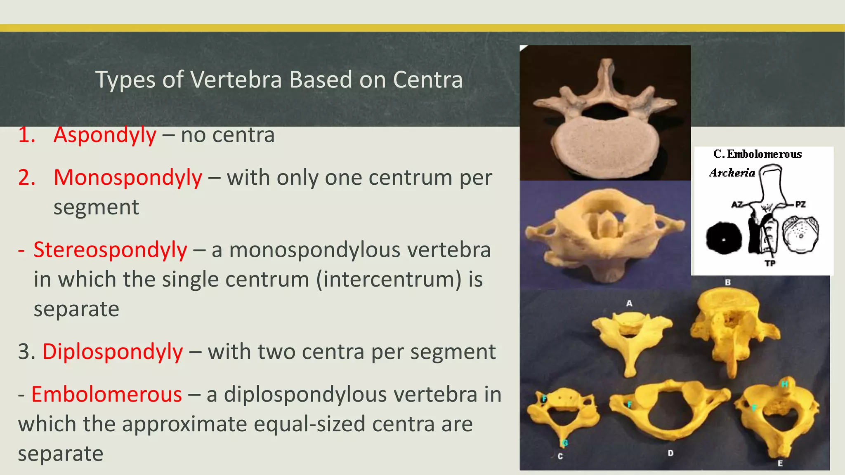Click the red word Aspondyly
[x=105, y=135]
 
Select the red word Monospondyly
[x=128, y=178]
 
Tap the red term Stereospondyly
[x=110, y=250]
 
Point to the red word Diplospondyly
[x=113, y=352]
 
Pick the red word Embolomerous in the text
[x=106, y=394]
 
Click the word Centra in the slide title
[x=427, y=80]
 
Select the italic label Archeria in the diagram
[x=732, y=173]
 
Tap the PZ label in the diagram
[x=800, y=204]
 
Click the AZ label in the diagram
[x=737, y=204]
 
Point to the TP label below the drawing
[x=770, y=263]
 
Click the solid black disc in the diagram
[x=724, y=238]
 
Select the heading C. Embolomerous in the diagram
[x=758, y=154]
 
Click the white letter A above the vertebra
[x=629, y=303]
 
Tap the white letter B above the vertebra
[x=728, y=282]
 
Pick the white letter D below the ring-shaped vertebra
[x=670, y=453]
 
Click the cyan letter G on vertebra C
[x=565, y=443]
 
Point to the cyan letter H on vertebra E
[x=784, y=384]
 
